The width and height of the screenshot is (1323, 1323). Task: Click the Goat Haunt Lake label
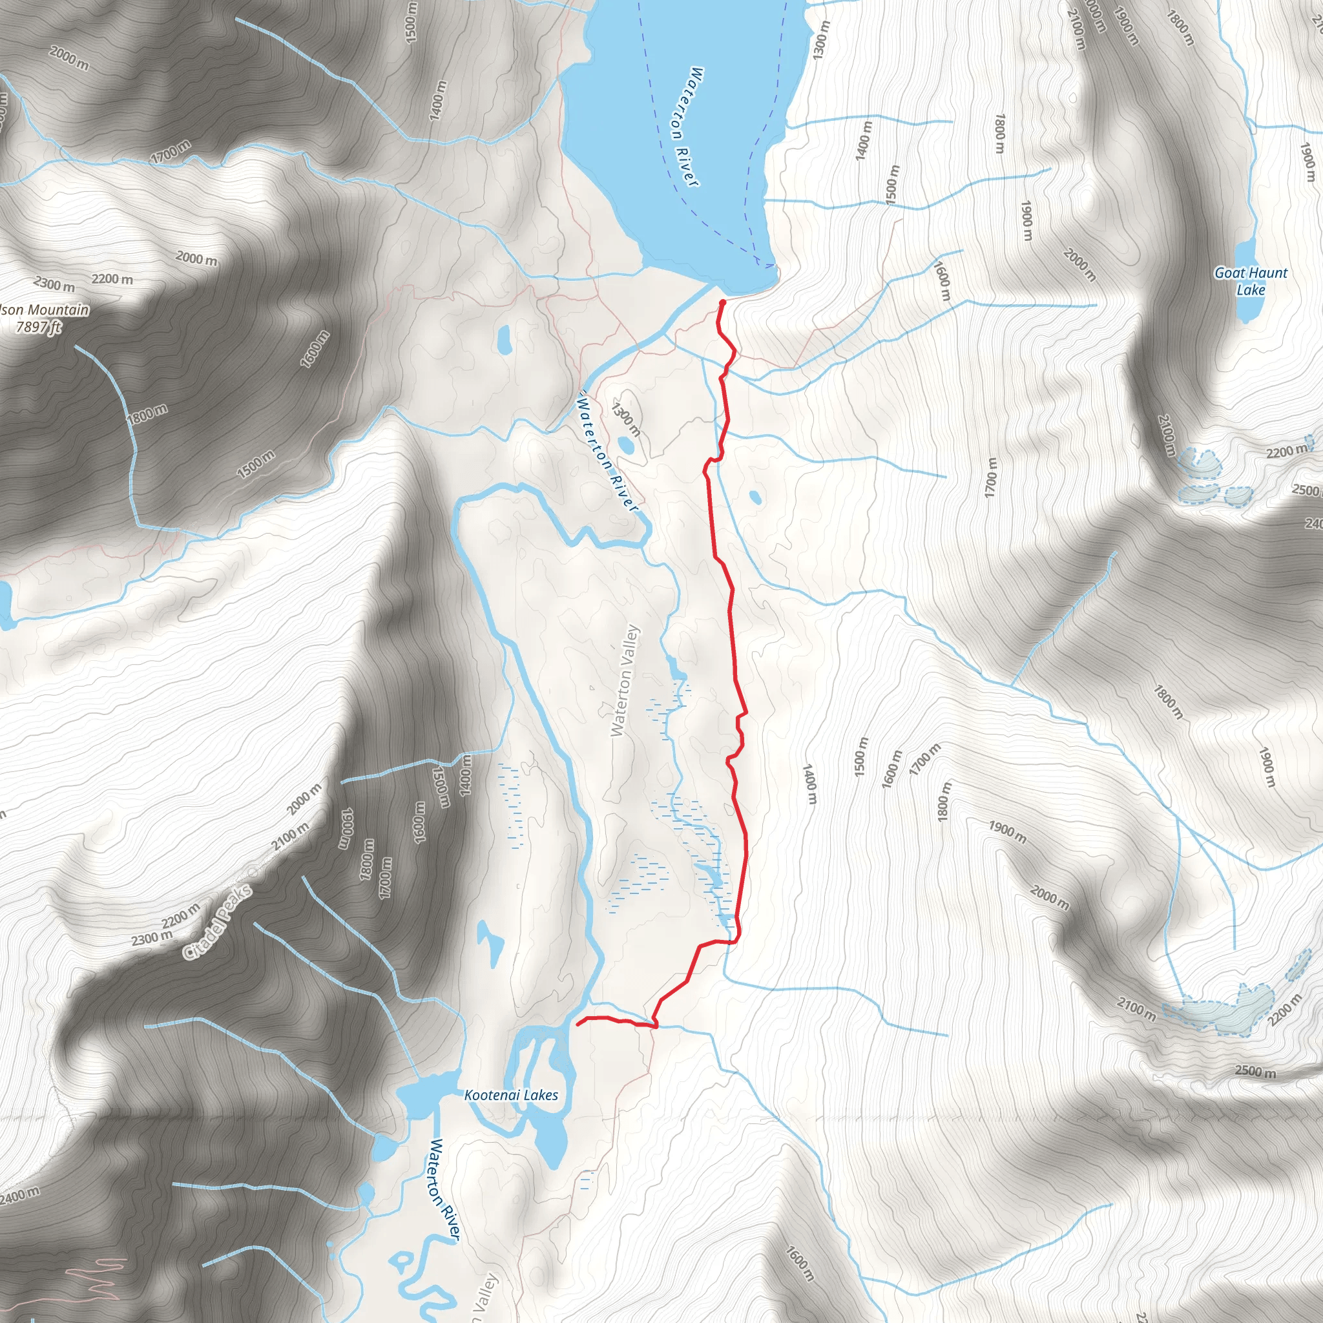pos(1251,281)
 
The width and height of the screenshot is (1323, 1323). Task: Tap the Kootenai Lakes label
pos(511,1095)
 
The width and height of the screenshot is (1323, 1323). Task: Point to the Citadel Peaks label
pos(218,922)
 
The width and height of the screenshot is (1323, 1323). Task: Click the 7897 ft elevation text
pos(38,328)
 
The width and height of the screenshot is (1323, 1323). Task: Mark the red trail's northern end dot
pos(722,302)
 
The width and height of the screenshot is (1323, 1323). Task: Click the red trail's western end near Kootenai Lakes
pos(579,1025)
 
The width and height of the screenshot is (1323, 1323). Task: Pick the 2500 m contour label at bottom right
pos(1255,1072)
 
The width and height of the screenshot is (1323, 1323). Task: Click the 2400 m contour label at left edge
pos(19,1196)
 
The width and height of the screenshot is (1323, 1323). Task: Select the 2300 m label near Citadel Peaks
pos(152,937)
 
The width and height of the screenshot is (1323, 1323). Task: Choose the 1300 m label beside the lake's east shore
pos(821,39)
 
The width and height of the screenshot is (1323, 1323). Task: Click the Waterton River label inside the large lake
pos(685,126)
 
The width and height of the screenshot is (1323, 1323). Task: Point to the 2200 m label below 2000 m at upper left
pos(112,279)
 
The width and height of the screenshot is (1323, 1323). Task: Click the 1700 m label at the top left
pos(171,151)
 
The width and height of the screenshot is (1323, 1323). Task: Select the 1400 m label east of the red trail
pos(809,785)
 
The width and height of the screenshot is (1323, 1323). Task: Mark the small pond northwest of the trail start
pos(505,339)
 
